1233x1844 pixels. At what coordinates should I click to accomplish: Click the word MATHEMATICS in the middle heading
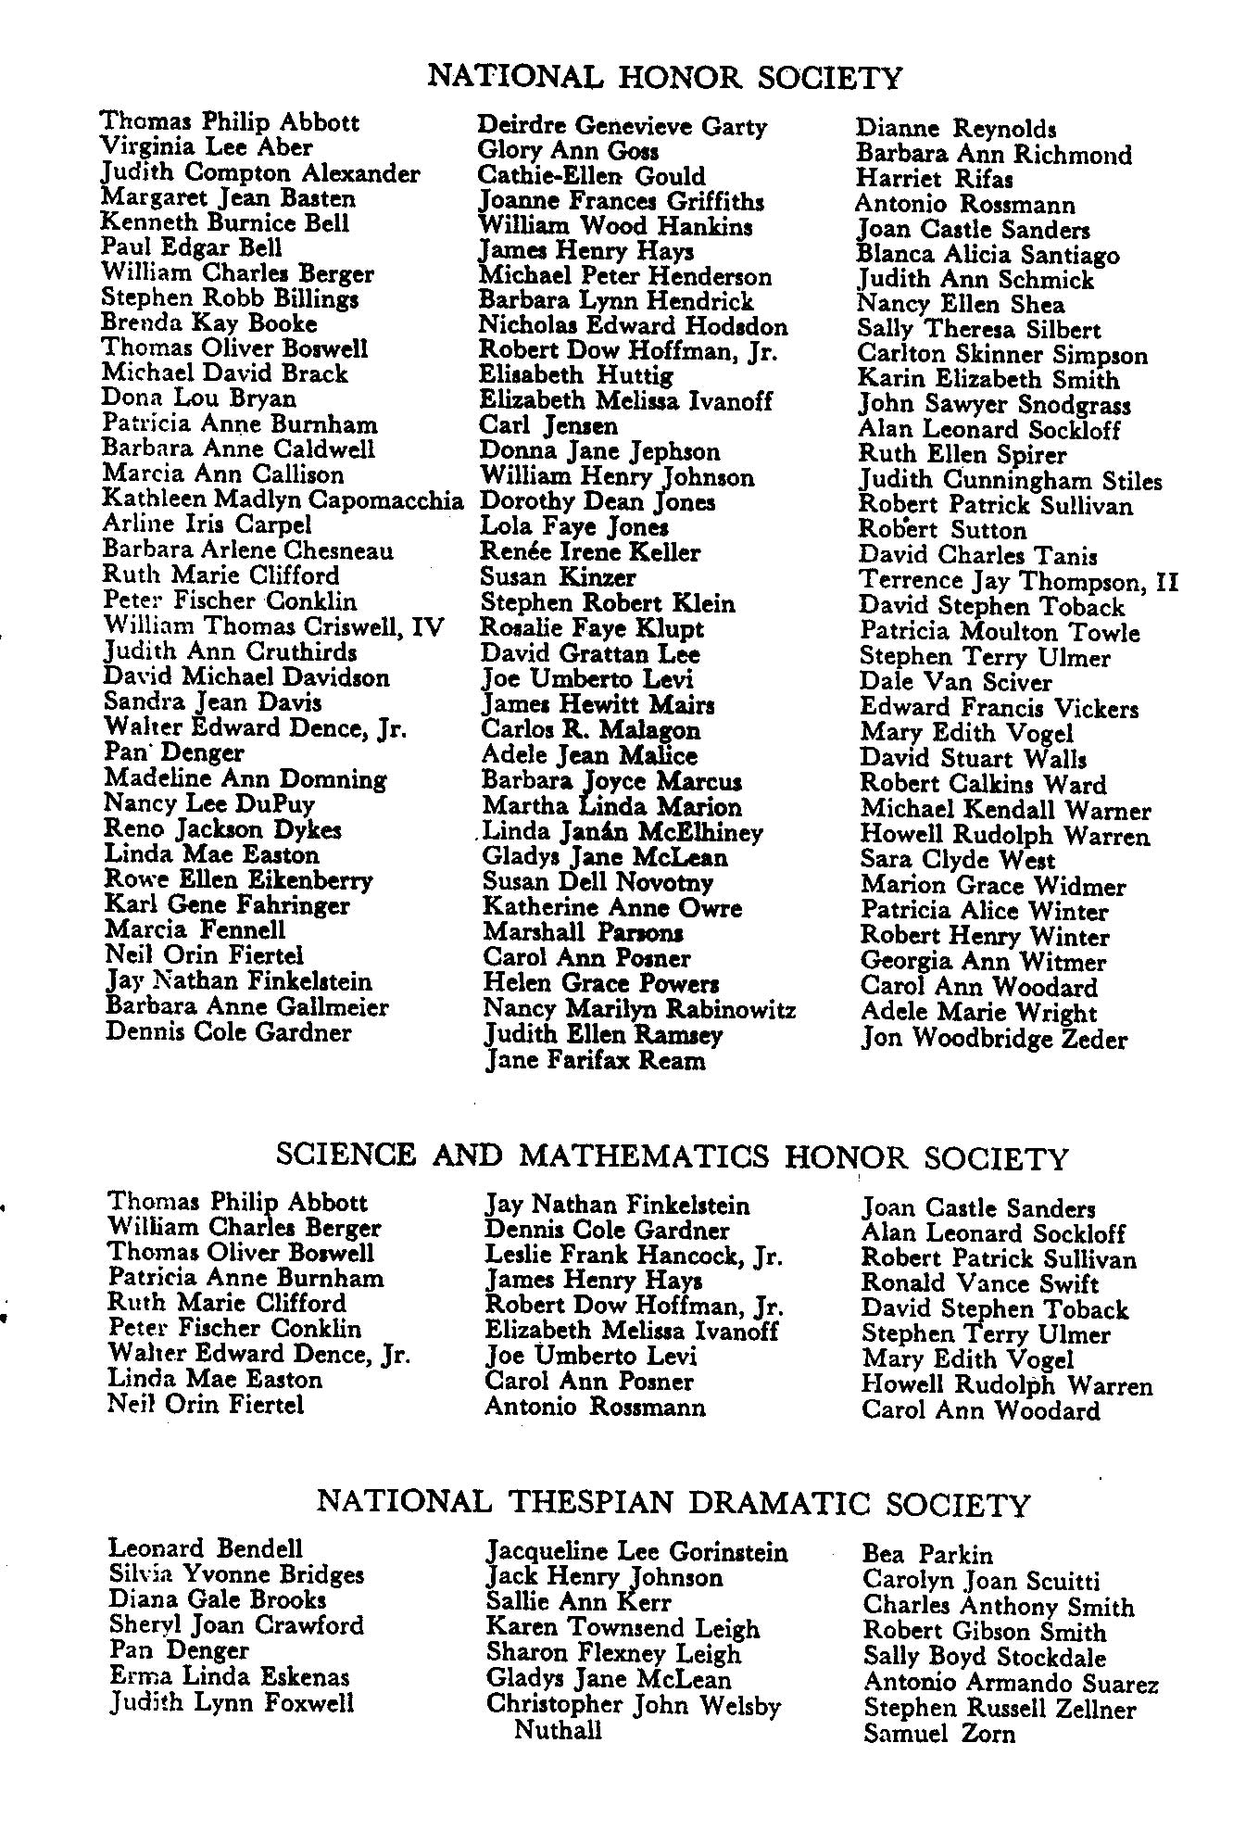(x=644, y=1156)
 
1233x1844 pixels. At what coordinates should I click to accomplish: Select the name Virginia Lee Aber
(x=207, y=147)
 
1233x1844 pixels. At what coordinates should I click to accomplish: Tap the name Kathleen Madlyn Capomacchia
(x=283, y=500)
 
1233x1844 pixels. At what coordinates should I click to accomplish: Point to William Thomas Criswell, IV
(x=274, y=626)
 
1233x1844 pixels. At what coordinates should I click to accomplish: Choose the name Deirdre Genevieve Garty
(x=622, y=126)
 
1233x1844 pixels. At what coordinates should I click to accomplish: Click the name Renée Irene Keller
(x=590, y=552)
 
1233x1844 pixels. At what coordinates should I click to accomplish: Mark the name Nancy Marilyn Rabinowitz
(x=639, y=1009)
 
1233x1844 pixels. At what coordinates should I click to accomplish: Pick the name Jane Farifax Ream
(x=595, y=1060)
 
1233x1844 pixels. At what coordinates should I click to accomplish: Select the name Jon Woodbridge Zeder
(x=994, y=1039)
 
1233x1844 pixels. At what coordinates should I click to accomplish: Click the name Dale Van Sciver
(x=956, y=683)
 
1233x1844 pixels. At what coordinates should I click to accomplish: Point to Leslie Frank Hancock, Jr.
(x=634, y=1257)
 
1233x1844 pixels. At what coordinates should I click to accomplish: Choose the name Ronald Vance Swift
(x=979, y=1283)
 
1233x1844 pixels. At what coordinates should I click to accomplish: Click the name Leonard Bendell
(x=206, y=1548)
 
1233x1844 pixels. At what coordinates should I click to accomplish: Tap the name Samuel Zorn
(x=938, y=1734)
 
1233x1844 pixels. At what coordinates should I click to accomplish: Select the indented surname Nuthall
(x=558, y=1730)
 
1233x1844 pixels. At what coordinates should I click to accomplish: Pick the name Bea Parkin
(x=926, y=1554)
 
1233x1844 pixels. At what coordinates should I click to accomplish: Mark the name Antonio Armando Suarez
(x=1011, y=1683)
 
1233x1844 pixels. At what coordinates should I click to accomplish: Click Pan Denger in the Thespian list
(x=179, y=1650)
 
